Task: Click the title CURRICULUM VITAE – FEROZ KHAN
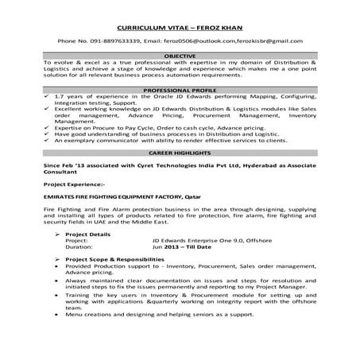point(180,26)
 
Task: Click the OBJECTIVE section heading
point(180,55)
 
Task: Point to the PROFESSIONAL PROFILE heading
point(180,91)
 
